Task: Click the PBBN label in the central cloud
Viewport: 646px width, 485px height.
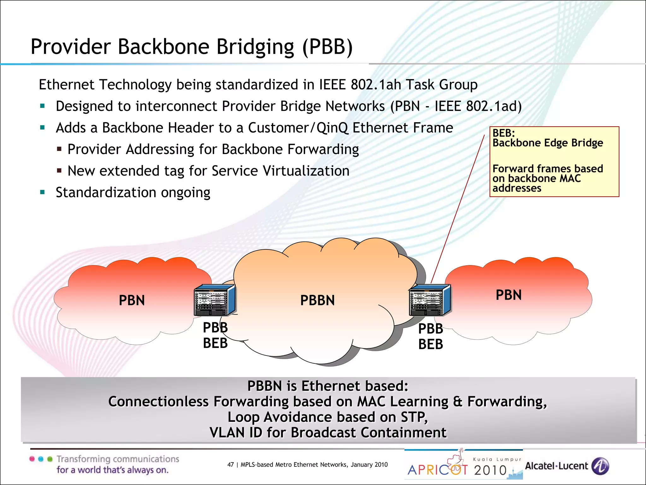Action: coord(317,300)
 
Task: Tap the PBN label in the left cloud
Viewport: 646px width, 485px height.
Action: coord(132,300)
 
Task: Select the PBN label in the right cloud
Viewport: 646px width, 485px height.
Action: coord(508,295)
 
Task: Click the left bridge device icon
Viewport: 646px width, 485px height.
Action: coord(214,300)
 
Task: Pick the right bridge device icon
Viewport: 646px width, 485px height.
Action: coord(430,300)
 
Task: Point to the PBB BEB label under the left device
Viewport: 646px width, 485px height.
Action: coord(215,335)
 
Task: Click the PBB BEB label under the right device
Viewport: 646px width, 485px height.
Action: coord(431,337)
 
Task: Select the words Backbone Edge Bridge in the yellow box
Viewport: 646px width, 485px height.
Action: coord(548,143)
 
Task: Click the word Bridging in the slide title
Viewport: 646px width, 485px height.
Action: coord(255,47)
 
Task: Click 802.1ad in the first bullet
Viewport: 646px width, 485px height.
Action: coord(494,106)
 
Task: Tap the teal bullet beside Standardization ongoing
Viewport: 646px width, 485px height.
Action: coord(43,192)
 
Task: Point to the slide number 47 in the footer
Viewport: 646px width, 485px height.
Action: coord(231,464)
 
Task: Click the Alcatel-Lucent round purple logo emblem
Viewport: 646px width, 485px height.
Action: coord(600,466)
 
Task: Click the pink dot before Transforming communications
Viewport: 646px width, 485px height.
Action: coord(32,459)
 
